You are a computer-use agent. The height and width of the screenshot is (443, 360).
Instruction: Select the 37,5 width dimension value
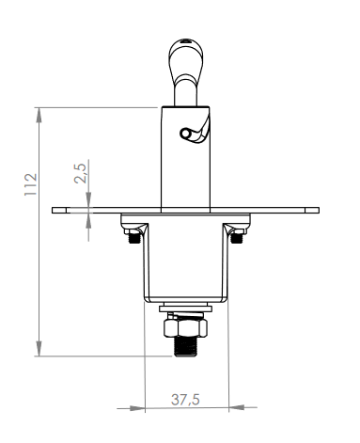click(184, 399)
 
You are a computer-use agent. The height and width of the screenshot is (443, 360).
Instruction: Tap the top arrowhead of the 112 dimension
click(39, 111)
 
